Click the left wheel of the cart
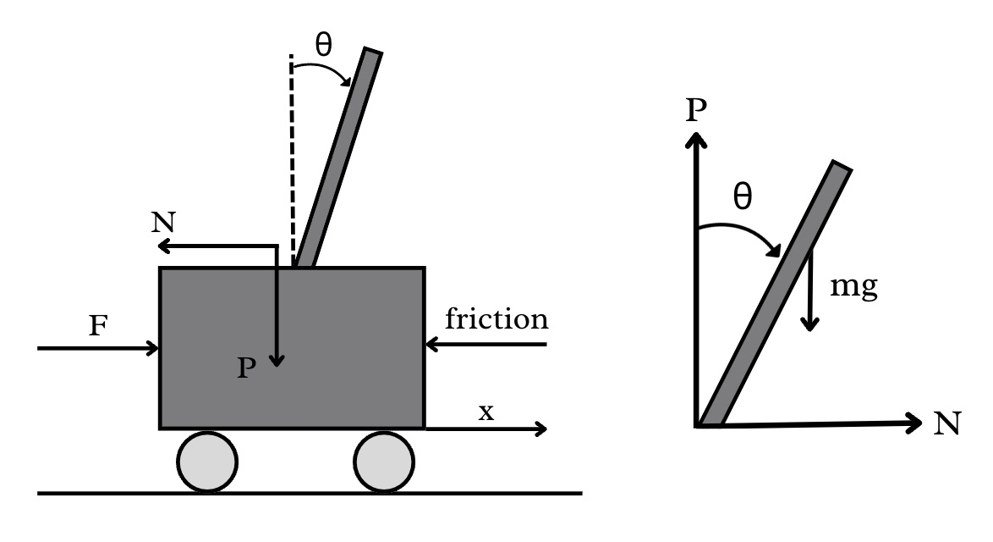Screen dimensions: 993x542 coord(207,462)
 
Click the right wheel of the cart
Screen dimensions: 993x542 coord(384,462)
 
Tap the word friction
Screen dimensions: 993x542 coord(496,319)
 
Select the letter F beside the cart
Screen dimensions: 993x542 coord(97,325)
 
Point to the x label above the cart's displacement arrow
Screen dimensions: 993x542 coord(486,412)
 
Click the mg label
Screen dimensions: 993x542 coord(853,287)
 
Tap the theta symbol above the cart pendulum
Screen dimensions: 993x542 coord(323,45)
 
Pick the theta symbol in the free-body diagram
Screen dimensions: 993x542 coord(743,196)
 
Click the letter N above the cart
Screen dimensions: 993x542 coord(163,223)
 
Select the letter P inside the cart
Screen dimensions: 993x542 coord(246,368)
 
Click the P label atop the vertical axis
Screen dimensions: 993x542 coord(696,110)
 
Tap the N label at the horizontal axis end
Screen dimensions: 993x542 coord(947,423)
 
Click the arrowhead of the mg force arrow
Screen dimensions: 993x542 coord(809,324)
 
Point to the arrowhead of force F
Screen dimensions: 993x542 coord(152,348)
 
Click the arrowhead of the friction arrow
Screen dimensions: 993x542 coord(431,344)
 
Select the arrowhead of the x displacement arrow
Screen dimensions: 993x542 coord(540,429)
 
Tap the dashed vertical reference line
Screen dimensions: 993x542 coord(292,160)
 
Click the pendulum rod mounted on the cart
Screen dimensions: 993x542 coord(339,158)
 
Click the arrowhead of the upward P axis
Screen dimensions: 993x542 coord(696,140)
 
